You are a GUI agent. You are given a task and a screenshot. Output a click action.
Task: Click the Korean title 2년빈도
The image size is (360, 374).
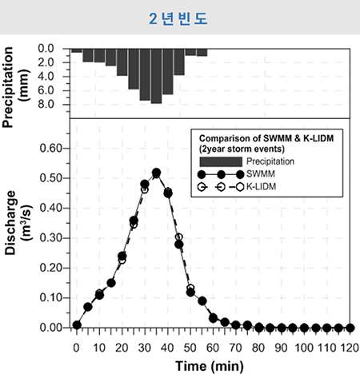[x=178, y=18]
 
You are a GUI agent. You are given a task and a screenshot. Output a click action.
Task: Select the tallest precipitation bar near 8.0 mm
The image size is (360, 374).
[x=156, y=76]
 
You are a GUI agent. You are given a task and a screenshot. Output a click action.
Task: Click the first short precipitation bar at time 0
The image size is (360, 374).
[x=77, y=50]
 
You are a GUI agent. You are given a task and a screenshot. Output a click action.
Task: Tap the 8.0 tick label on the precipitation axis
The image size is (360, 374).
[x=46, y=104]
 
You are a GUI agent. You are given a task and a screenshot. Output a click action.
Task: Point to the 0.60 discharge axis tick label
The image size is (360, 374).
[x=51, y=148]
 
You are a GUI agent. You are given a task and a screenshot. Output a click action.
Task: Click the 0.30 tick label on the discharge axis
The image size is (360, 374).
[x=51, y=238]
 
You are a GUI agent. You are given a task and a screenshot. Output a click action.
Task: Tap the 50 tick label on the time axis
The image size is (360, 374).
[x=190, y=348]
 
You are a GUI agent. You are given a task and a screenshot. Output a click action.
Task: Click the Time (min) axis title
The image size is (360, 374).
[x=210, y=366]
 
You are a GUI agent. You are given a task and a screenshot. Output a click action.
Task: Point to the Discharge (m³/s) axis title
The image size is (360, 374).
[x=18, y=223]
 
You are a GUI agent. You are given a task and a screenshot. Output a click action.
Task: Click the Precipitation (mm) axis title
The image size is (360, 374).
[x=15, y=87]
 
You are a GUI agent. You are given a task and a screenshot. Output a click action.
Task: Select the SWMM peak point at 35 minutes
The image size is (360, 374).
[x=157, y=173]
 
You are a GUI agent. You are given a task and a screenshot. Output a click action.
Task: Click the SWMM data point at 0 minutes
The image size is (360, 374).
[x=77, y=325]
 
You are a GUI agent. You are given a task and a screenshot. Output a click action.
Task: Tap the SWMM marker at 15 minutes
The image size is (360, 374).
[x=111, y=283]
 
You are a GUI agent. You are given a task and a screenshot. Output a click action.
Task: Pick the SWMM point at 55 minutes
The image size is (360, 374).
[x=202, y=301]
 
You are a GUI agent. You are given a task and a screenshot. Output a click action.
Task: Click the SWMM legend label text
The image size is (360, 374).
[x=261, y=174]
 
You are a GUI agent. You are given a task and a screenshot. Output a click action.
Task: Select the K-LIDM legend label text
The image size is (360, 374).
[x=261, y=187]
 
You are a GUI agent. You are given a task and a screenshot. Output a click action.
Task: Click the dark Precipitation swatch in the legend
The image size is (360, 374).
[x=221, y=161]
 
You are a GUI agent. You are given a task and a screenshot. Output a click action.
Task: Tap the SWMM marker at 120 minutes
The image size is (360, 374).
[x=350, y=328]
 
